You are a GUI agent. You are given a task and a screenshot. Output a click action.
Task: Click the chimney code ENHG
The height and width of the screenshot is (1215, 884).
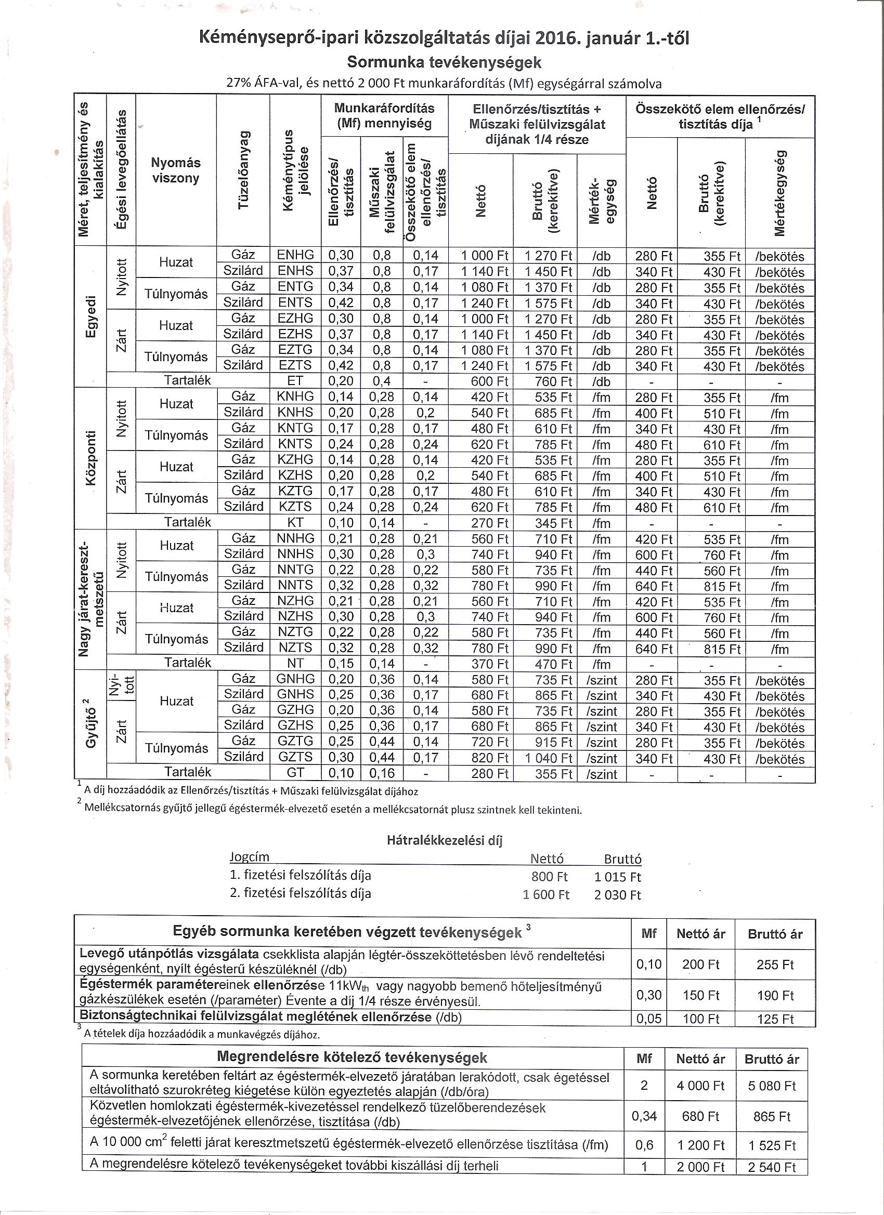click(x=295, y=255)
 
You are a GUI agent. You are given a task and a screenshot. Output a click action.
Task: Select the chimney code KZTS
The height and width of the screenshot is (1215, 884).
click(x=295, y=507)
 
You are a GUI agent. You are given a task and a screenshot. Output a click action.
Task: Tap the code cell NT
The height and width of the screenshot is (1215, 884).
click(x=295, y=664)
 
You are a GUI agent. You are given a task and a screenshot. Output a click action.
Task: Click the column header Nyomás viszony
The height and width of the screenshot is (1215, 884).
click(x=176, y=170)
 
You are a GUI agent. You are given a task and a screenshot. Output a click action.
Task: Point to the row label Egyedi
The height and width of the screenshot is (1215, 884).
click(x=91, y=317)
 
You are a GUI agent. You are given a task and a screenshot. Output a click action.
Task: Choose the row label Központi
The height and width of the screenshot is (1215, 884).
click(x=91, y=458)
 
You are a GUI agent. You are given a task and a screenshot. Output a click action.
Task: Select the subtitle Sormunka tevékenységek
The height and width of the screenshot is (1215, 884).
click(x=444, y=62)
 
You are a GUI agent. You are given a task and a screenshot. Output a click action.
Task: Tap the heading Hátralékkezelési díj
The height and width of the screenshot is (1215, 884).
click(x=444, y=840)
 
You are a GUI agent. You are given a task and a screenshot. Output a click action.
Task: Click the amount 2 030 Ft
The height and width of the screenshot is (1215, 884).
click(x=617, y=895)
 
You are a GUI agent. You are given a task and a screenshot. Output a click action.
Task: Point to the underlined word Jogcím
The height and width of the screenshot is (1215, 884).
click(x=249, y=856)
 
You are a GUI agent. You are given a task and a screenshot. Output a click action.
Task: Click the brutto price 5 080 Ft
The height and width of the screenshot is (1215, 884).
click(x=772, y=1086)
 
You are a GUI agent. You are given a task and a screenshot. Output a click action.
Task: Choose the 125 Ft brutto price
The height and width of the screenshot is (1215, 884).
click(x=775, y=1019)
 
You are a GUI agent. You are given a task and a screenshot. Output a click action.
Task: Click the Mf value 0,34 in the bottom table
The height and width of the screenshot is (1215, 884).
click(x=644, y=1116)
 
